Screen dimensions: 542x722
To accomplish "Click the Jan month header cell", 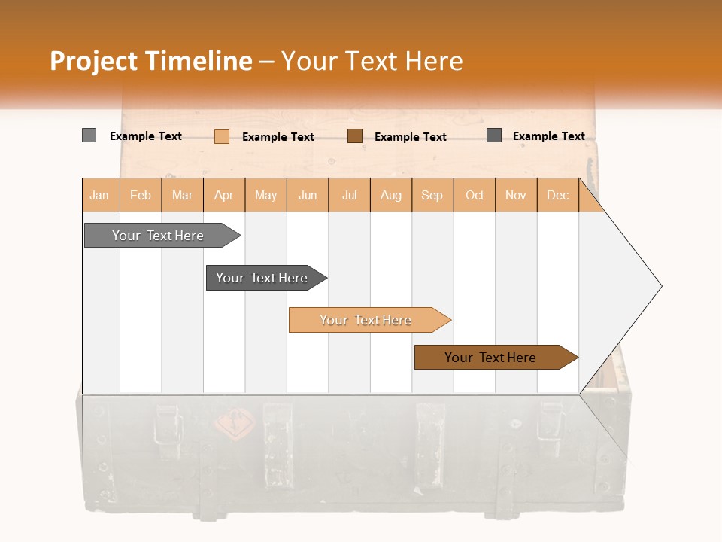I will tap(100, 195).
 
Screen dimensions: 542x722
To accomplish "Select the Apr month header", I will tap(224, 195).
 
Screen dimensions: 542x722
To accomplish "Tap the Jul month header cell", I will tap(349, 195).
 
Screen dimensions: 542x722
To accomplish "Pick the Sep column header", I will tap(432, 195).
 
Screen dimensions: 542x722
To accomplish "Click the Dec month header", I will tap(557, 195).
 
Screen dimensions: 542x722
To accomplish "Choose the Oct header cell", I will tap(474, 195).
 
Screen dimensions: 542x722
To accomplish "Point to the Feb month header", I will tap(141, 195).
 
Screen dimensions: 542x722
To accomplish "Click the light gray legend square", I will tap(89, 135).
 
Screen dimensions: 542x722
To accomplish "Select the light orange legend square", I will tap(221, 136).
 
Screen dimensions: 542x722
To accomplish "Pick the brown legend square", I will tap(354, 136).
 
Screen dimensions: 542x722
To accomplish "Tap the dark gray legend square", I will tap(493, 135).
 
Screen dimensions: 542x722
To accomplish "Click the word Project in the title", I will tap(93, 61).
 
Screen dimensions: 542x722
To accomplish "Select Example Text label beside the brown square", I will tap(410, 137).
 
